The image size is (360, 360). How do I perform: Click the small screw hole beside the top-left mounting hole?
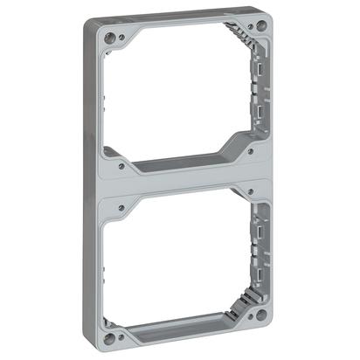[121, 37]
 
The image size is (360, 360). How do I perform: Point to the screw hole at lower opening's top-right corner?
[252, 191]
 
